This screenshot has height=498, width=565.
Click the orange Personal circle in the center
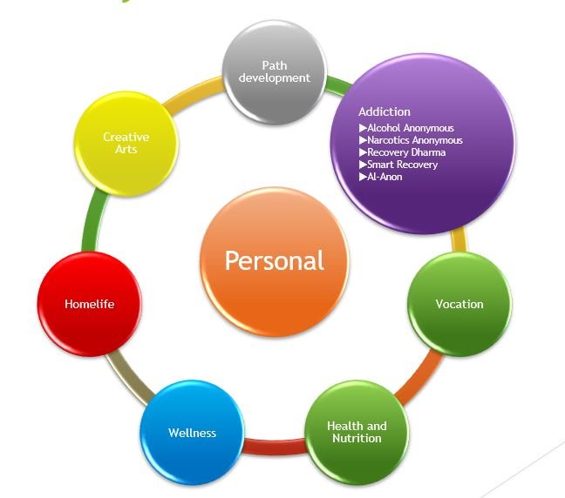(x=274, y=261)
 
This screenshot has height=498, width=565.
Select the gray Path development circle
(x=274, y=72)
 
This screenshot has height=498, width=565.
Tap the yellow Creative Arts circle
(x=126, y=143)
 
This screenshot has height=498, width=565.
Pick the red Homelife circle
(x=90, y=304)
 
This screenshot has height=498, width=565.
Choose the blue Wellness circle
(x=192, y=433)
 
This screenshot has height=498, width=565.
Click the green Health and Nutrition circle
(x=356, y=432)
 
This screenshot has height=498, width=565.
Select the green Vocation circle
(x=459, y=304)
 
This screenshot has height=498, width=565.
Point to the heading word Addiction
(x=384, y=111)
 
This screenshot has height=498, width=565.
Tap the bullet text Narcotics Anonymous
(x=414, y=140)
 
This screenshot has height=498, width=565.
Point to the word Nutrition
(x=356, y=438)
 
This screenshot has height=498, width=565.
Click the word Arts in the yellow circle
(x=126, y=149)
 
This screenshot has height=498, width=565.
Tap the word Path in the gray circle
(x=274, y=66)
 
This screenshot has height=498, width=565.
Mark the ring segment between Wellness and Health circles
(x=274, y=448)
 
